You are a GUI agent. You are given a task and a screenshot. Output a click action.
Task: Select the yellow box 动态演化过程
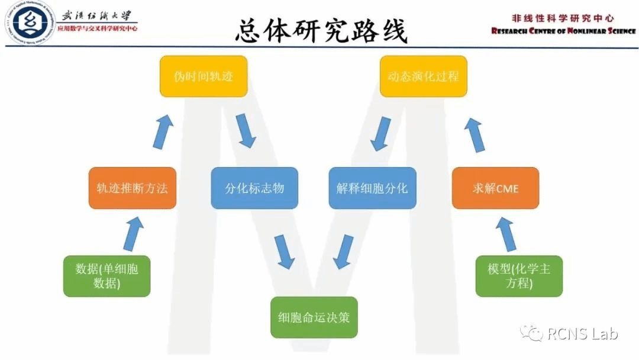(x=423, y=76)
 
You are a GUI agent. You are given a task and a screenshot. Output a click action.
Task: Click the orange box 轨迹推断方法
(x=133, y=188)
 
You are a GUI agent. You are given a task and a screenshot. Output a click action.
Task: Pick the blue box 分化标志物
(x=254, y=188)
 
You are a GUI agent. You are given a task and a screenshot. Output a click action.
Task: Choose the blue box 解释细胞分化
(x=372, y=188)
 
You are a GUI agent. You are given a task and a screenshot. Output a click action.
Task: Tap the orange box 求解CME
(x=495, y=188)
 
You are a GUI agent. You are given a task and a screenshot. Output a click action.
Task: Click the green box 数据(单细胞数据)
(x=107, y=276)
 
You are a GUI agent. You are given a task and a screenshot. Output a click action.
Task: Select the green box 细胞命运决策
(x=314, y=317)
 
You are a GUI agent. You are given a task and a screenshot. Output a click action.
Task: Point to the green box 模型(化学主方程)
(x=519, y=276)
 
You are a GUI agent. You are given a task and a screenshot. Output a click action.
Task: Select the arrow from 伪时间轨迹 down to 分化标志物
(x=246, y=131)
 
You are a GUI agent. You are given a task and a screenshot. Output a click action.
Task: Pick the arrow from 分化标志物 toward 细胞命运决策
(x=285, y=251)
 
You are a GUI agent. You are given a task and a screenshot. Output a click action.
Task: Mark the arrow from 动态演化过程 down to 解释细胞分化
(x=380, y=133)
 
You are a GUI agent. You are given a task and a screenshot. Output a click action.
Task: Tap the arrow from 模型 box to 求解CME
(x=506, y=233)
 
